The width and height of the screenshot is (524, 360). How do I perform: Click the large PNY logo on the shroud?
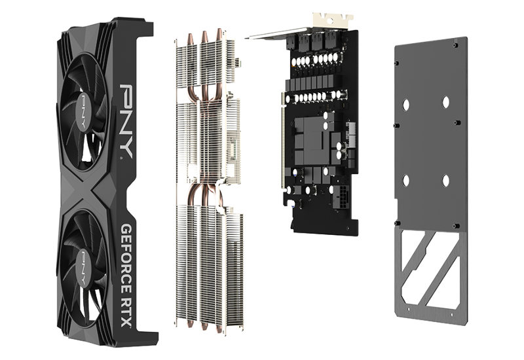[126, 121]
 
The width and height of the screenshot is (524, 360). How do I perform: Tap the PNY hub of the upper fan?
[83, 111]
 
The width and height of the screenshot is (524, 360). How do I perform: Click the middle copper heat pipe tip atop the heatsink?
[204, 37]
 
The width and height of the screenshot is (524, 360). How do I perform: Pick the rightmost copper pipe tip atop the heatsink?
[219, 35]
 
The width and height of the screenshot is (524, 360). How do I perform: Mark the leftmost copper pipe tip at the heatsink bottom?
[190, 323]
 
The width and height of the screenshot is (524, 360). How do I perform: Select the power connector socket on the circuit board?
[341, 197]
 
